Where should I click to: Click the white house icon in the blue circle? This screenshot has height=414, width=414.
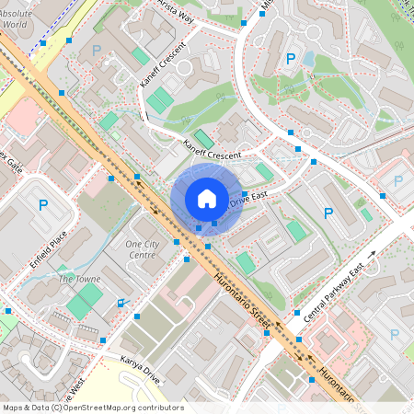coord(207,198)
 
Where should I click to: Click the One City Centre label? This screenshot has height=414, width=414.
coord(143,248)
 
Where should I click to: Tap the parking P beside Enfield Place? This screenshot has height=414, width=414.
coord(41,204)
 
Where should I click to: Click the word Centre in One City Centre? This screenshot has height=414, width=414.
coord(143,254)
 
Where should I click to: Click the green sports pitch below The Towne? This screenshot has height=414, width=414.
coord(86,299)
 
